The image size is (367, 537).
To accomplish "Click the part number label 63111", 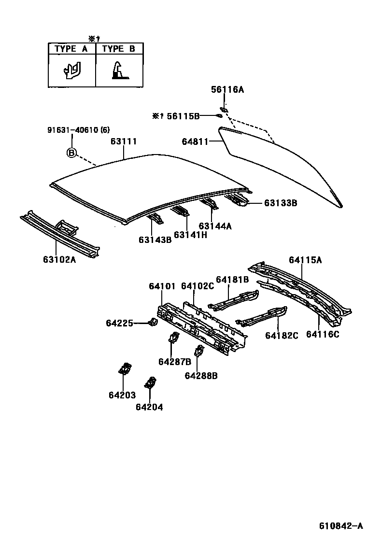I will [x=124, y=141].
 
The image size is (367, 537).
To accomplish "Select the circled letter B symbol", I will [x=71, y=153].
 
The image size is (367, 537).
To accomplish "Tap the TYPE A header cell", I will [x=71, y=49].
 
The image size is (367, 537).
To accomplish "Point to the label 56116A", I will [x=227, y=89].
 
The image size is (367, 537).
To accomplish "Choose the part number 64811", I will [x=195, y=141].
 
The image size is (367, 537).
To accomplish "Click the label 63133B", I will [x=280, y=203].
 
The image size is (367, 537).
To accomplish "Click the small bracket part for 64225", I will [x=153, y=322].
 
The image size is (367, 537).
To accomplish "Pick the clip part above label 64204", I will [x=150, y=383].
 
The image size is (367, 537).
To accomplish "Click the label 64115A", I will [x=305, y=260].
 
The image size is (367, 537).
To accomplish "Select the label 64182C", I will [x=282, y=335].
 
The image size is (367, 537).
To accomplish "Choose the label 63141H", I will [x=190, y=235].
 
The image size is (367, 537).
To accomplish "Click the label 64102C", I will [x=197, y=286].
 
